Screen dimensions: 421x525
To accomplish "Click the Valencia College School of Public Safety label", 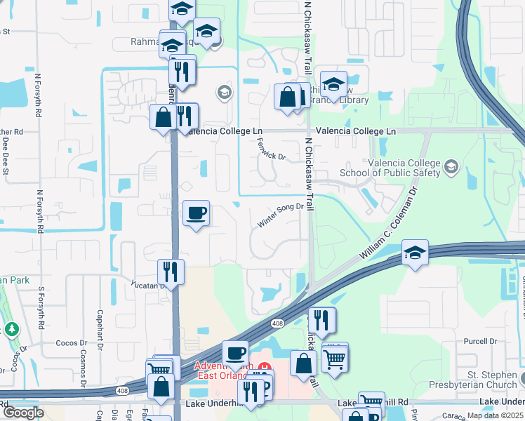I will (x=389, y=168).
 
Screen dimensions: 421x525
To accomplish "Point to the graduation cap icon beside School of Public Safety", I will (x=451, y=167).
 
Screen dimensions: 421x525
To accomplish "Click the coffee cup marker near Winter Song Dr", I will (x=197, y=213).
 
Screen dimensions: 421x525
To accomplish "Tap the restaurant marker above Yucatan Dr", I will (x=171, y=271).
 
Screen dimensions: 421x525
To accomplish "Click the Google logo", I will (x=23, y=413).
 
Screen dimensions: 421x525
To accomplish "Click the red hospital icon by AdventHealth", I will (x=265, y=368).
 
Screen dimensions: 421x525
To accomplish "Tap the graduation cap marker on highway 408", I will (x=415, y=253).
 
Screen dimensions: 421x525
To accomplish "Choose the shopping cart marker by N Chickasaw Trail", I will (x=335, y=359).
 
